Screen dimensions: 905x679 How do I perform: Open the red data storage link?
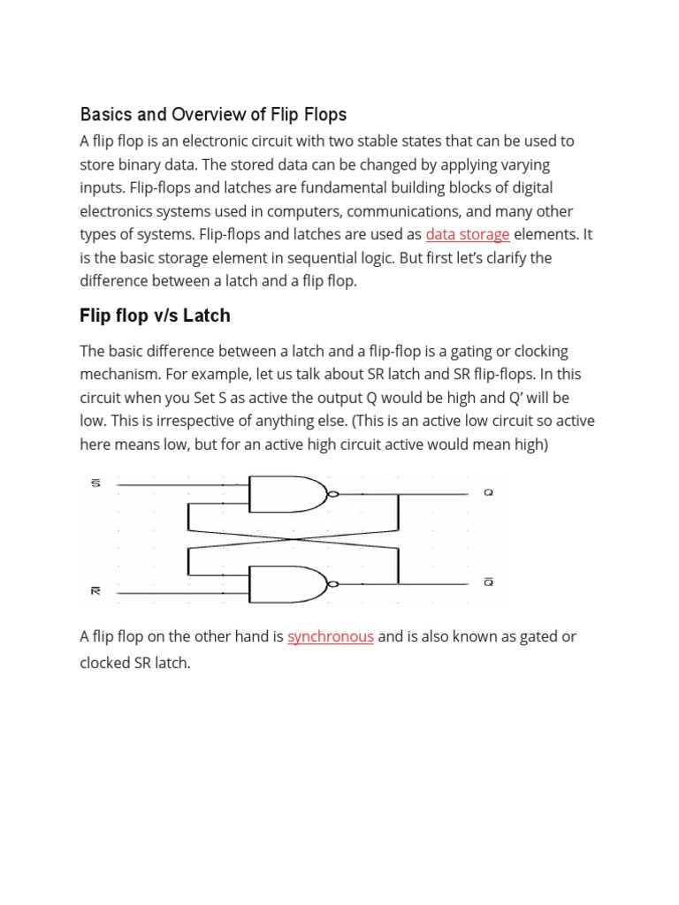[468, 234]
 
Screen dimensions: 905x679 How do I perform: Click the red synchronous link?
[331, 636]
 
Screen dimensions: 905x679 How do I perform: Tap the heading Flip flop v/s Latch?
[155, 316]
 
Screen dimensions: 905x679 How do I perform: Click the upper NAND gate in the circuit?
[287, 495]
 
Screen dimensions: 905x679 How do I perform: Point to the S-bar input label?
[95, 483]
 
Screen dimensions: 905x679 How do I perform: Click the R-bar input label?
[95, 591]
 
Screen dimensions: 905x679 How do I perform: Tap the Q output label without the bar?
[488, 493]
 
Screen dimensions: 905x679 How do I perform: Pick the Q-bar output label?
[488, 582]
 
